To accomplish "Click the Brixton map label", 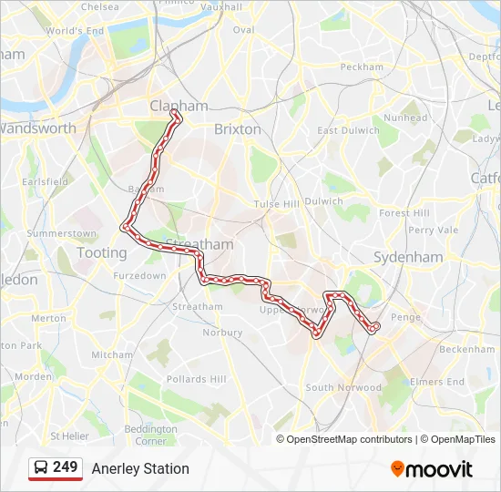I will coord(237,129).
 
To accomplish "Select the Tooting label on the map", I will coord(102,252).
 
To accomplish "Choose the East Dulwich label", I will coord(347,130).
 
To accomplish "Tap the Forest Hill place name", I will coord(404,213).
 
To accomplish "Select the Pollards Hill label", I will coord(195,379).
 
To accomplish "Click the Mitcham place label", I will coord(111,354).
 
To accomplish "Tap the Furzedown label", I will coord(139,275).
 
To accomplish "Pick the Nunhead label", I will coord(405,118).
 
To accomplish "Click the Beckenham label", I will coord(465,349).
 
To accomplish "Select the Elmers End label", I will coord(437,382).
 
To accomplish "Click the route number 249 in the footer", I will coord(65,467).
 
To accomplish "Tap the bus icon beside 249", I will coord(41,468).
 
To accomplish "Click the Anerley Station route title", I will coord(140,468).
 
